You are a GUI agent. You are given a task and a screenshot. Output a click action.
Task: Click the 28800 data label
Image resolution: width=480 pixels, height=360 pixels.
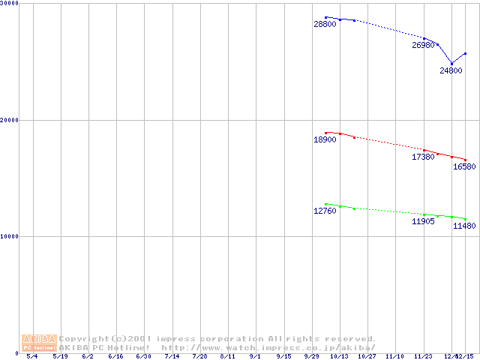click(325, 25)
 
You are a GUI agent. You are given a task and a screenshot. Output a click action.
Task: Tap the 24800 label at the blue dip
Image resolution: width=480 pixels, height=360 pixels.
click(451, 70)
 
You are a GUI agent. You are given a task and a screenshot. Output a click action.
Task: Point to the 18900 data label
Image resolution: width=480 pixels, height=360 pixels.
click(325, 139)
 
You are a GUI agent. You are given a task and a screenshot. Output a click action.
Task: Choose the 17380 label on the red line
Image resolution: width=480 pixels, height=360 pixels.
click(423, 157)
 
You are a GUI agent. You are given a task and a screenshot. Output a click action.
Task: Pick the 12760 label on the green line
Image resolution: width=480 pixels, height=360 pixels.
click(325, 211)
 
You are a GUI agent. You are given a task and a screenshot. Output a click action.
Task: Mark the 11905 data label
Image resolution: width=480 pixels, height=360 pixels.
click(423, 222)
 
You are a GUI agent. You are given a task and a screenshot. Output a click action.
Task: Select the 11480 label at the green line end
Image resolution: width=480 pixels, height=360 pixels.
click(464, 226)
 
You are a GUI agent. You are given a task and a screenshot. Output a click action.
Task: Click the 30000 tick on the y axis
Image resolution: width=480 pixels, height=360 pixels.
click(10, 4)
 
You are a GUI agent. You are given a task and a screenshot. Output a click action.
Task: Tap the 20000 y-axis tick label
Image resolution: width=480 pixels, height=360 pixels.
click(10, 120)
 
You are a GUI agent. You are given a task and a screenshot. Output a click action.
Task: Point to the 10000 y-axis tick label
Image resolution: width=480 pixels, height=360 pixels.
click(10, 236)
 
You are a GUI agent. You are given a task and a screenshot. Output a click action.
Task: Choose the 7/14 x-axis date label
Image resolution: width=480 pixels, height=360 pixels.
click(172, 356)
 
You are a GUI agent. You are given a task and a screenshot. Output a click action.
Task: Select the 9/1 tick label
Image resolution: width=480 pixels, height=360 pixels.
click(256, 356)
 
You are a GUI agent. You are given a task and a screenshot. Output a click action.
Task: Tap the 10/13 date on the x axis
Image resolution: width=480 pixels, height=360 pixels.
click(340, 356)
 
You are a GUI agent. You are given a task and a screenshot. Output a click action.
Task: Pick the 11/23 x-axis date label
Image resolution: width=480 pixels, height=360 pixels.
click(424, 356)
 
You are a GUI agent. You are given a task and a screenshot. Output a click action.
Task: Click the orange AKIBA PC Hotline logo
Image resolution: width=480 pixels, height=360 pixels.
click(39, 343)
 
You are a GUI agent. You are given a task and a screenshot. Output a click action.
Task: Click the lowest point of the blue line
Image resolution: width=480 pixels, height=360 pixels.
click(451, 63)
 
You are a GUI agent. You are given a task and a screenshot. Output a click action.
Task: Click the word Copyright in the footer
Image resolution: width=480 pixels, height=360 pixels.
click(83, 338)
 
